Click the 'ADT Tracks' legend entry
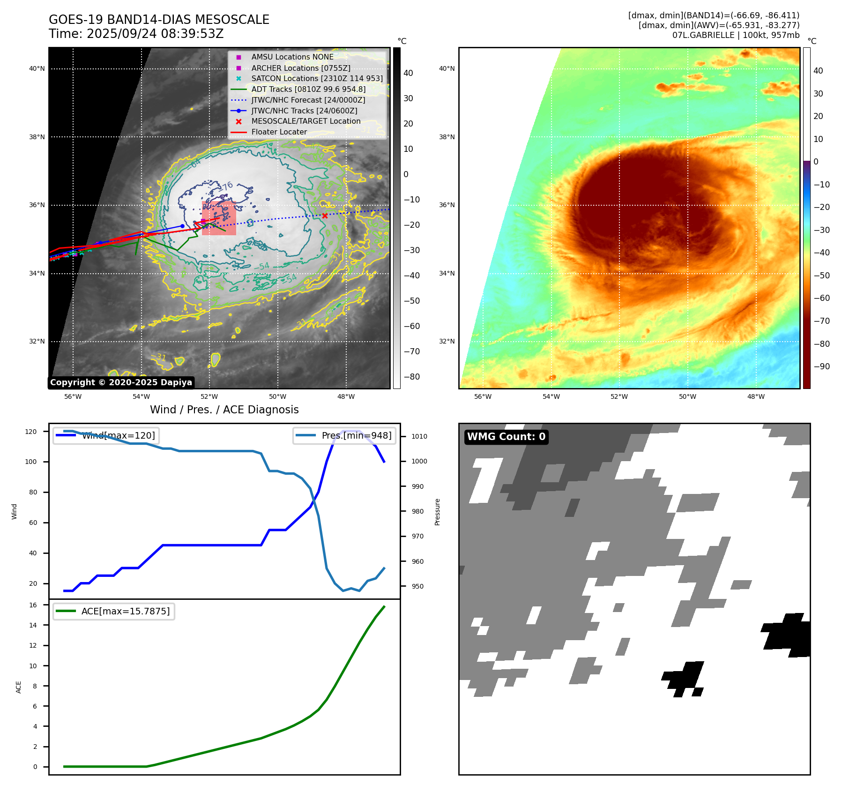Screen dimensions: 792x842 (308, 89)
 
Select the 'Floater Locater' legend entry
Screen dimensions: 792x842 (279, 132)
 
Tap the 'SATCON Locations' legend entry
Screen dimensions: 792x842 (317, 78)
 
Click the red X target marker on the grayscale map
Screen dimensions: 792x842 (325, 216)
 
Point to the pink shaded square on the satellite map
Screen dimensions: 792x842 (219, 218)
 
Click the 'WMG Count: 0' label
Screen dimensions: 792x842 (506, 437)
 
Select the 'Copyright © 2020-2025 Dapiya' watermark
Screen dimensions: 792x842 (121, 382)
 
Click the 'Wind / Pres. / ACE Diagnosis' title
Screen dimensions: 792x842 (224, 410)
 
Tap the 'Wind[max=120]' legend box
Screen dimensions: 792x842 (106, 435)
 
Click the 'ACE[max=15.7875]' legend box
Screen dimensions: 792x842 (114, 611)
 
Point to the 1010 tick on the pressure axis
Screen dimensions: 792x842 (419, 436)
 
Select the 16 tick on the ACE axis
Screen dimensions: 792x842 (33, 605)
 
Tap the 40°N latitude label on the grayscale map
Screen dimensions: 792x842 (37, 68)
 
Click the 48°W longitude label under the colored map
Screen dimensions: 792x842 (756, 396)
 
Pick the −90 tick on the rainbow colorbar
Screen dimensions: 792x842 (821, 366)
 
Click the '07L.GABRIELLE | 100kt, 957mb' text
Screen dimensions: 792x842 (736, 35)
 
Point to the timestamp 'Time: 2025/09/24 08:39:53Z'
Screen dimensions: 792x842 (136, 34)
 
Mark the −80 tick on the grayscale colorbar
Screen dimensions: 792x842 (411, 377)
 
